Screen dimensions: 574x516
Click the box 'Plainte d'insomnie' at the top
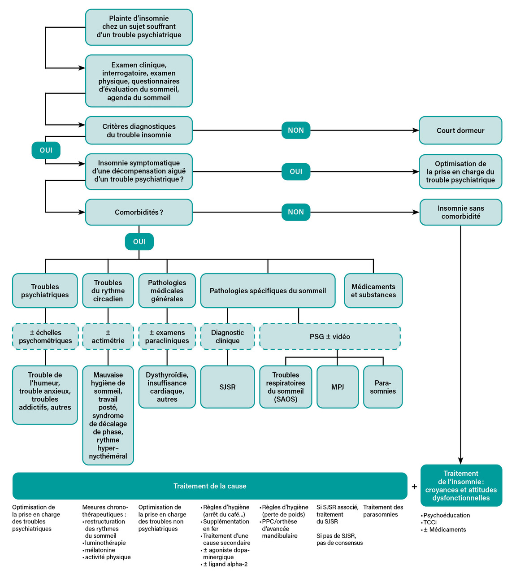pos(139,27)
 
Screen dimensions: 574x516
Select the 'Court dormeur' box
pos(460,130)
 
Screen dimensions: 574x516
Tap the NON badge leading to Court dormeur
pos(296,130)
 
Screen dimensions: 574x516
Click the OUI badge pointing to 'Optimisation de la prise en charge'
pos(296,172)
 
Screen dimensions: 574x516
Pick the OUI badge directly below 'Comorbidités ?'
pos(139,242)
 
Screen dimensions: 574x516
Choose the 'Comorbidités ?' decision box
pos(139,212)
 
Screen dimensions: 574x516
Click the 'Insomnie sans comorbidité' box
pos(460,212)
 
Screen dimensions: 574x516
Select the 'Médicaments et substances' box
pos(373,291)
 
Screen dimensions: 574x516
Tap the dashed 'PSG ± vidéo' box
pos(330,336)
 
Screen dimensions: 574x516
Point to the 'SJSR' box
pos(227,387)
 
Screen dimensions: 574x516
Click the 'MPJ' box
pos(338,387)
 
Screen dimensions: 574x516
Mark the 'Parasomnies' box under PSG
pos(383,387)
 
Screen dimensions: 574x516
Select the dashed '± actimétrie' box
pos(108,336)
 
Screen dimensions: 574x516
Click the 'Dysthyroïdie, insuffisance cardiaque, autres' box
pos(167,387)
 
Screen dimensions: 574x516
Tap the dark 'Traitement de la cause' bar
pos(210,486)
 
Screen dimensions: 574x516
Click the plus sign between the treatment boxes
pos(414,487)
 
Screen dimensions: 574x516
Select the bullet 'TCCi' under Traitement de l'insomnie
pos(430,522)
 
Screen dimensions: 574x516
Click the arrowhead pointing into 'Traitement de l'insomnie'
pos(460,461)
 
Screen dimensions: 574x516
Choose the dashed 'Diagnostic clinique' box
pos(227,336)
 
